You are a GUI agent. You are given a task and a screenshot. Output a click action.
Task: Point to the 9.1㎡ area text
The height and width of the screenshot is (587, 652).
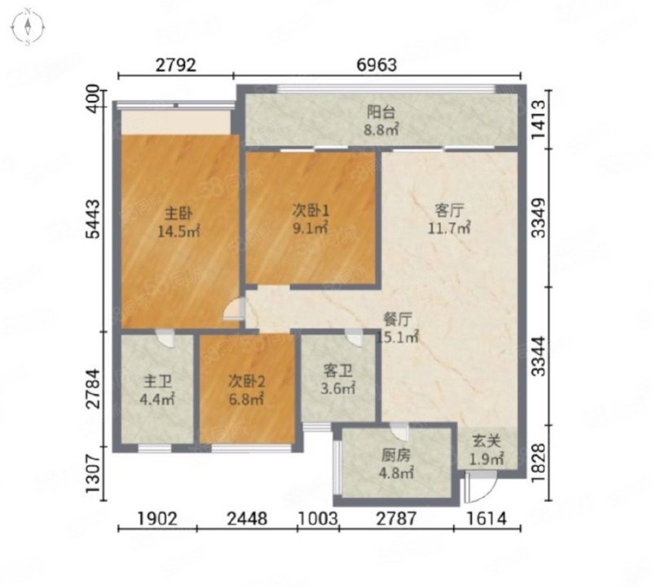click(x=311, y=229)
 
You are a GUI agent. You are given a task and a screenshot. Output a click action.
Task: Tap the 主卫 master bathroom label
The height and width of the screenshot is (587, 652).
click(x=158, y=381)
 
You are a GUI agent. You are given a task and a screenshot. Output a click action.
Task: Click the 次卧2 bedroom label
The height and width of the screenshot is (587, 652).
click(x=247, y=381)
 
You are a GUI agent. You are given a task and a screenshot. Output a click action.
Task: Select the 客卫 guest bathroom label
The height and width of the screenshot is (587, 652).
click(x=338, y=370)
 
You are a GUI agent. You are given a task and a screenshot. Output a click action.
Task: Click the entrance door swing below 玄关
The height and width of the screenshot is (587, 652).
click(x=481, y=488)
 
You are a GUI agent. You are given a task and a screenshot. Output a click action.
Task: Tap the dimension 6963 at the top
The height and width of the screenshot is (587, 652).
click(x=377, y=65)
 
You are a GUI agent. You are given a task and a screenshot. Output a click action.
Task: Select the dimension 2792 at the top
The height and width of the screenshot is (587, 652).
click(x=176, y=65)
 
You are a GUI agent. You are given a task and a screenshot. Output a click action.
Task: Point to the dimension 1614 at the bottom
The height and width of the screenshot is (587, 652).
click(x=486, y=519)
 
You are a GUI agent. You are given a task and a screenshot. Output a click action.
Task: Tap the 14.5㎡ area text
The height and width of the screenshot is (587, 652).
click(x=179, y=232)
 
